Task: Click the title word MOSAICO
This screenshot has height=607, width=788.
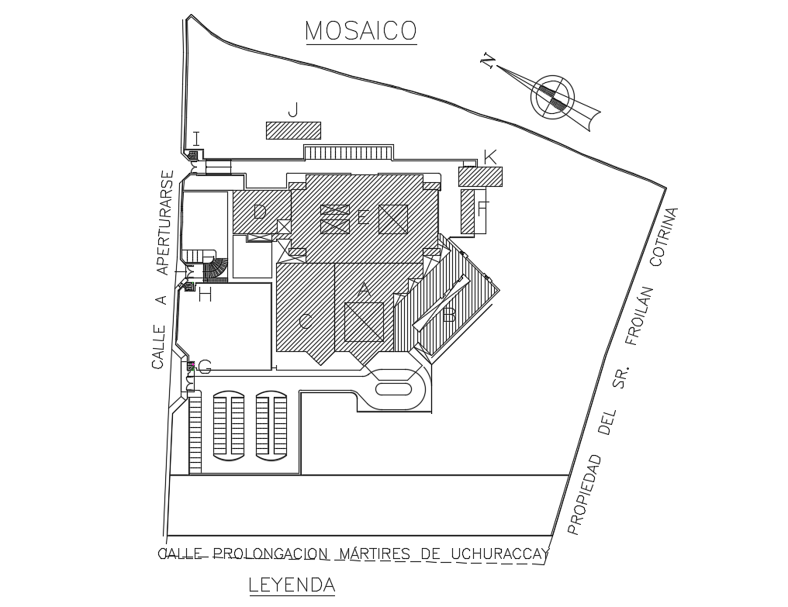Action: pyautogui.click(x=361, y=30)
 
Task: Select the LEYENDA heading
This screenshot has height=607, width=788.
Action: pyautogui.click(x=292, y=585)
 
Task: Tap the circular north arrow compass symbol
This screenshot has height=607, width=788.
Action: pyautogui.click(x=552, y=98)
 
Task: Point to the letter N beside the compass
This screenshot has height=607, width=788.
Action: pyautogui.click(x=488, y=61)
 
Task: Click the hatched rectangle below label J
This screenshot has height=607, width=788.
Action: pyautogui.click(x=293, y=130)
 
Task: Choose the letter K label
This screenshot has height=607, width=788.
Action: pyautogui.click(x=489, y=157)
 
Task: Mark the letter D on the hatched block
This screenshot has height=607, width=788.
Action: pyautogui.click(x=260, y=212)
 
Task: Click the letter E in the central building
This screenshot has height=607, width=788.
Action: pyautogui.click(x=362, y=219)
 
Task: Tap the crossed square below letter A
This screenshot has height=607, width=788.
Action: pyautogui.click(x=364, y=322)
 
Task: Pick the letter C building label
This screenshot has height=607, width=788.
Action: pyautogui.click(x=306, y=322)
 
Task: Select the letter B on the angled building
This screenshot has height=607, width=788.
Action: pyautogui.click(x=448, y=316)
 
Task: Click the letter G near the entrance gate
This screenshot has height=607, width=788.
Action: pyautogui.click(x=205, y=367)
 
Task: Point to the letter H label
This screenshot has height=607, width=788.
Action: pyautogui.click(x=205, y=295)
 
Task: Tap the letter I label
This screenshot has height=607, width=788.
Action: pyautogui.click(x=196, y=139)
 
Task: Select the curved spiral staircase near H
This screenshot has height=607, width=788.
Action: pyautogui.click(x=216, y=269)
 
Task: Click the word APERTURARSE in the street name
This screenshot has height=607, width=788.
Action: pyautogui.click(x=162, y=222)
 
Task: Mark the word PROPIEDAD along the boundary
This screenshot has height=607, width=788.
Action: pyautogui.click(x=586, y=495)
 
